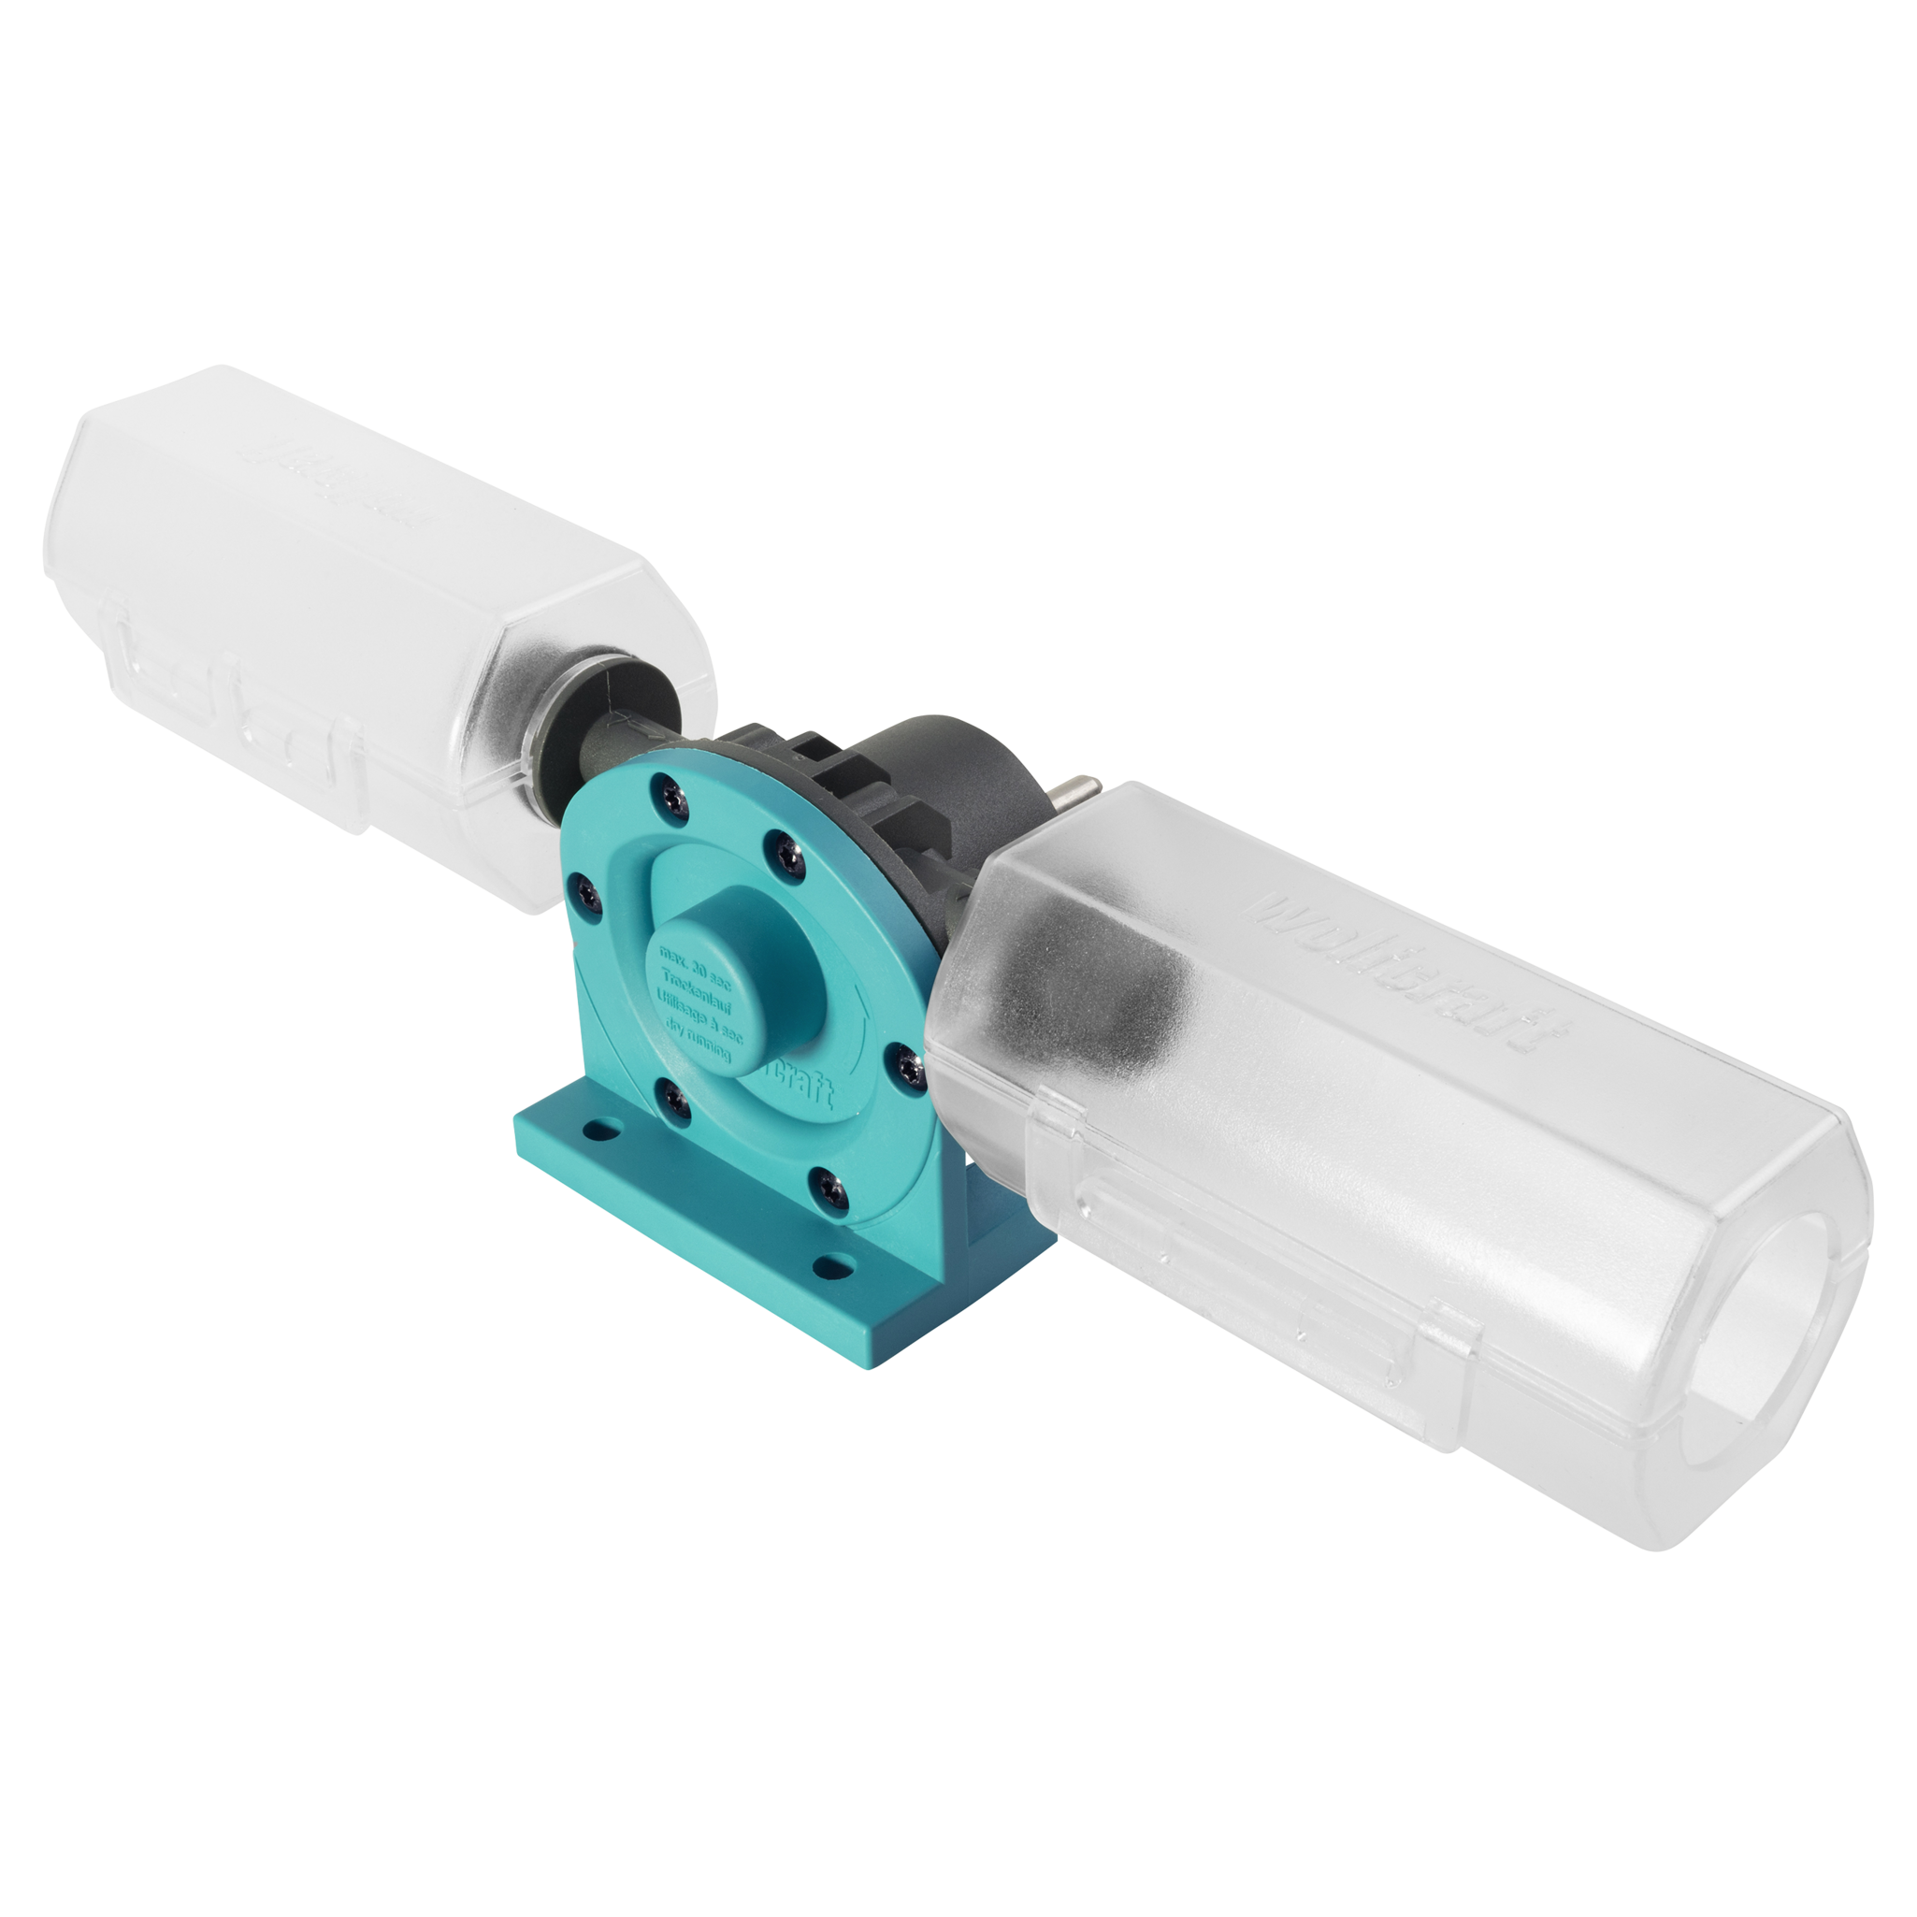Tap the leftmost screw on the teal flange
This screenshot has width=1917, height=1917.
585,894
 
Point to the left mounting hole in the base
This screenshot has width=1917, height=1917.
598,1130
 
